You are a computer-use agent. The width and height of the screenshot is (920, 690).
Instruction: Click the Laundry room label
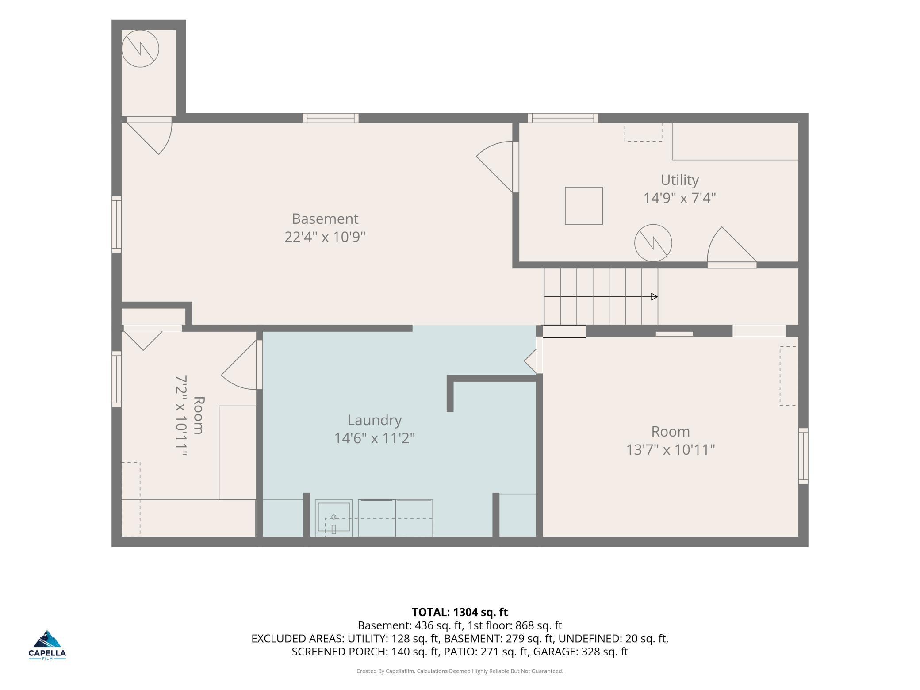[x=374, y=420]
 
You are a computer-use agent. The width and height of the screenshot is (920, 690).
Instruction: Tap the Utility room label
[x=679, y=180]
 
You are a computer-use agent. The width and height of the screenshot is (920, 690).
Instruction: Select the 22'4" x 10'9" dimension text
[x=325, y=237]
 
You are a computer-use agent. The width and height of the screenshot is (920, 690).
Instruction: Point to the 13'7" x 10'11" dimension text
[x=671, y=450]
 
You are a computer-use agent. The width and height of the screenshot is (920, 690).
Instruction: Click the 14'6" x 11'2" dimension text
[x=374, y=438]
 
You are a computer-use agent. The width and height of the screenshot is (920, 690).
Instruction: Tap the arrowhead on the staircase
[x=654, y=297]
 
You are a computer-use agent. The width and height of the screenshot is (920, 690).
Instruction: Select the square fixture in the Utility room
[x=584, y=206]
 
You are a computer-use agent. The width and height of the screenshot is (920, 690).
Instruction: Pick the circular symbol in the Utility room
[x=653, y=243]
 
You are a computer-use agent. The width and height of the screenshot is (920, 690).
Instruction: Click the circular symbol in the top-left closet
[x=140, y=49]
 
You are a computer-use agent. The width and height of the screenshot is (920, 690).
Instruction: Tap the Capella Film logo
[x=47, y=645]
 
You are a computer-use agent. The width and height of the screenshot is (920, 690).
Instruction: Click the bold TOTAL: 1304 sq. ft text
[x=460, y=612]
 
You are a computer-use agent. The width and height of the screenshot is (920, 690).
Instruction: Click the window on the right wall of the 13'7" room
[x=803, y=456]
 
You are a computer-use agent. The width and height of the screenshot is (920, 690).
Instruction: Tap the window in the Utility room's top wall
[x=563, y=118]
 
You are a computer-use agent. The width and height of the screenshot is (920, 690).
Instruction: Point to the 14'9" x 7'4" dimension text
[x=679, y=198]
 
